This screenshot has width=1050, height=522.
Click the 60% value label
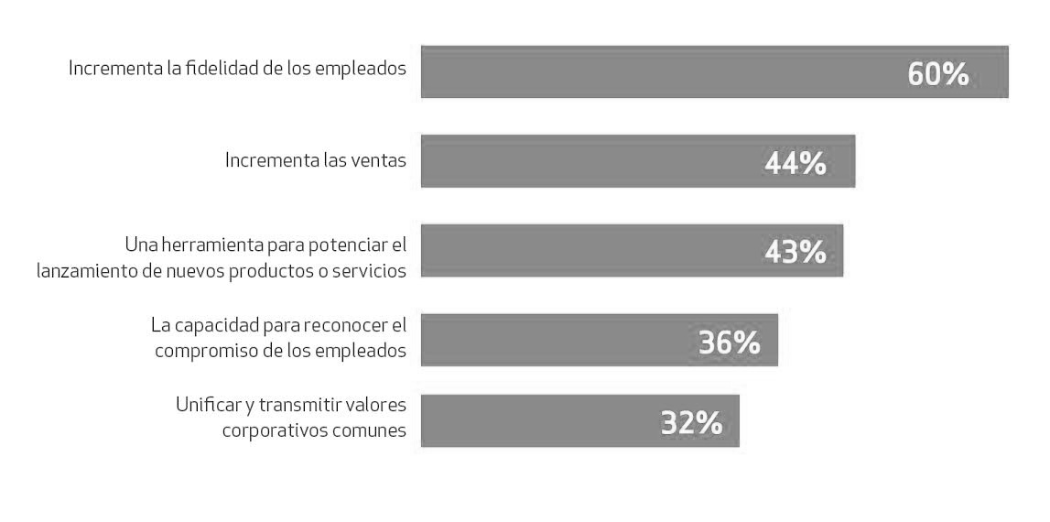937,74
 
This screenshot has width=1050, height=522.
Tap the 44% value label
795,163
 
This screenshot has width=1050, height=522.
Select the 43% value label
795,252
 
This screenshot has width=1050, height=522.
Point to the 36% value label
729,342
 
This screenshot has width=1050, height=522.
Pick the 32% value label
691,422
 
